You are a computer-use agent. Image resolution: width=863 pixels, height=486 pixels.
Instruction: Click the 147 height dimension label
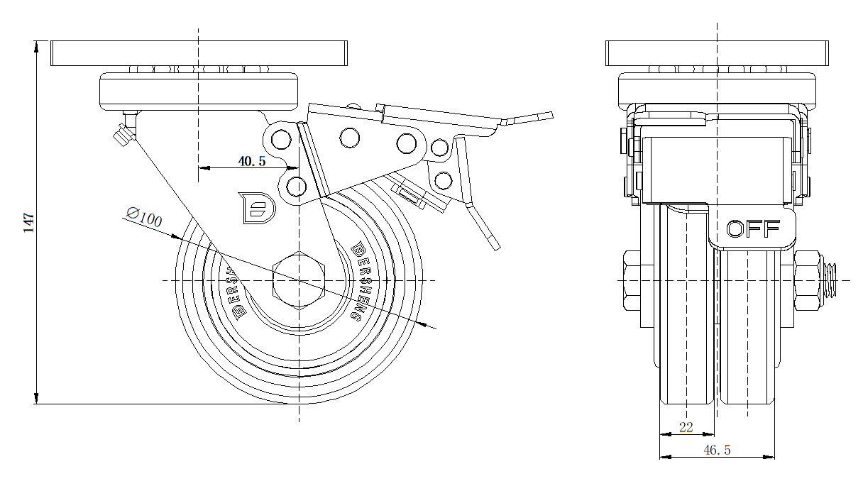pos(28,223)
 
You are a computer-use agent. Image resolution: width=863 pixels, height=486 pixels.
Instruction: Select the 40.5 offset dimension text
pos(251,162)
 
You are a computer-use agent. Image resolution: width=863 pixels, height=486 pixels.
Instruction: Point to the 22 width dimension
pos(686,427)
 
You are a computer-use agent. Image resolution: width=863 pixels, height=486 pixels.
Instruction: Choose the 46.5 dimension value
pos(717,450)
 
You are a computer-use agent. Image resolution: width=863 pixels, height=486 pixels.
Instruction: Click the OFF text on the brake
pos(753,228)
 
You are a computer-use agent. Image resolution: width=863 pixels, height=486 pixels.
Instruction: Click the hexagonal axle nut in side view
pos(299,281)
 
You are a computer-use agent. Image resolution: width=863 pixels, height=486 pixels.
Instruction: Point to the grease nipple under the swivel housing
pos(123,132)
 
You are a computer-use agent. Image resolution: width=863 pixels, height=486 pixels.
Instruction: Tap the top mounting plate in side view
pos(199,54)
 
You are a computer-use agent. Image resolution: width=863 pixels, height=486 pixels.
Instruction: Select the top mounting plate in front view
pos(718,54)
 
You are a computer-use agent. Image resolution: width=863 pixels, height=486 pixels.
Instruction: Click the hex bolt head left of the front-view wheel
pos(631,281)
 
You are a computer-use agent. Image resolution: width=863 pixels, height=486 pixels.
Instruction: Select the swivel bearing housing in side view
pos(199,91)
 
